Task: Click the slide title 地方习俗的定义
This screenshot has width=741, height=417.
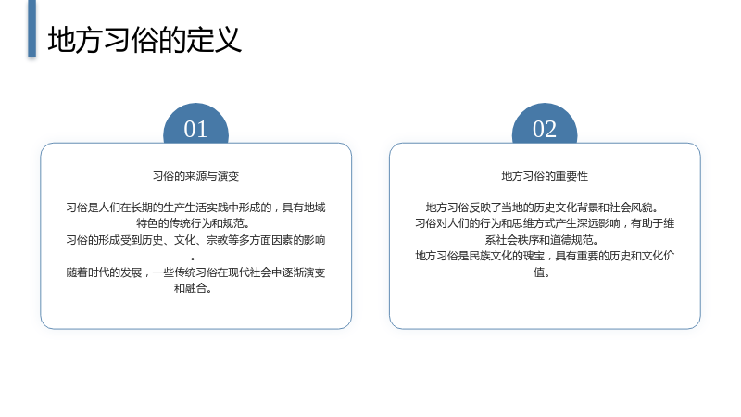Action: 144,40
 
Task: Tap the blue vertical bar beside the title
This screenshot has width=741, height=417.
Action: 31,29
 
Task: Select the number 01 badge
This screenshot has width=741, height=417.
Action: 195,123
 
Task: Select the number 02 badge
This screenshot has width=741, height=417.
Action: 545,123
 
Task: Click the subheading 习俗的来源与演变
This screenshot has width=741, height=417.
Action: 195,176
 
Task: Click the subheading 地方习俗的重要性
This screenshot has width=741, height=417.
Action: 545,176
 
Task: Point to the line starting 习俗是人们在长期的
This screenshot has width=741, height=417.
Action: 195,208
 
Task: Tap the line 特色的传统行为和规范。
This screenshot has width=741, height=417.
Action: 193,223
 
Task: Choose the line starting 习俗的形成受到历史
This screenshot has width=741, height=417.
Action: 195,240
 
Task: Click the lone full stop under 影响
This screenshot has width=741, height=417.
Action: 193,259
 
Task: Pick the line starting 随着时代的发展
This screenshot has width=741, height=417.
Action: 195,272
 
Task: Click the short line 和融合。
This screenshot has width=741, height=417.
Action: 192,288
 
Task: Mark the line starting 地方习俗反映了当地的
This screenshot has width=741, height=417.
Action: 542,208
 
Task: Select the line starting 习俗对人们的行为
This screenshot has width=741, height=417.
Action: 545,223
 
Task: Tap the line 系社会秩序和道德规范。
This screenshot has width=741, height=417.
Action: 542,240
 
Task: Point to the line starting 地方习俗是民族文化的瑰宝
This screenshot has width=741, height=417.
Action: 545,256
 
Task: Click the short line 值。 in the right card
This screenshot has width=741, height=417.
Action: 541,272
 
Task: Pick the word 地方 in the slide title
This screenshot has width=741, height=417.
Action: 75,40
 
